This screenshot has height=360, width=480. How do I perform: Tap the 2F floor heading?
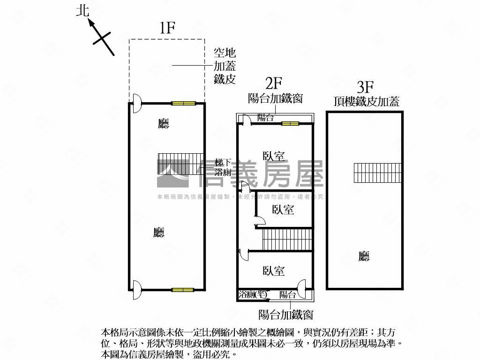click(274, 84)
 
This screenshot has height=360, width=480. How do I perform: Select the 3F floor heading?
click(365, 87)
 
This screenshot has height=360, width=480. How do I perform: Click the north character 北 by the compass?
click(82, 11)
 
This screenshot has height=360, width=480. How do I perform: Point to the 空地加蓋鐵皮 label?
click(225, 66)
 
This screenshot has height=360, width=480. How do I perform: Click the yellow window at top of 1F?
click(183, 103)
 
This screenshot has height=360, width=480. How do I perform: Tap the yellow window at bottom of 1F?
click(183, 290)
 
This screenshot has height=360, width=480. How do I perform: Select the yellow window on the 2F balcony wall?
click(290, 124)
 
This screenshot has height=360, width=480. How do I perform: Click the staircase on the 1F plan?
click(180, 164)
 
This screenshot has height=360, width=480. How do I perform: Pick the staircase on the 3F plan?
click(378, 173)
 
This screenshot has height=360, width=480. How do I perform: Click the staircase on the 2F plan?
click(287, 240)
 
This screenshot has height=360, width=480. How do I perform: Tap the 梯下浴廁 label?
click(223, 167)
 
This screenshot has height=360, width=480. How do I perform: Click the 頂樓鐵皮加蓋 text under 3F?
click(367, 101)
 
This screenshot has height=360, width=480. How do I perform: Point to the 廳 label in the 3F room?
click(364, 256)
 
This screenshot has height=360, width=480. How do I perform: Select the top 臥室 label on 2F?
click(274, 156)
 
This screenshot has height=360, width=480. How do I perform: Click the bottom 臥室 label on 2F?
click(274, 270)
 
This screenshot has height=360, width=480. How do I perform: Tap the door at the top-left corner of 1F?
click(135, 103)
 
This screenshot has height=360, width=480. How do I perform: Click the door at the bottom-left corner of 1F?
click(135, 289)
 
